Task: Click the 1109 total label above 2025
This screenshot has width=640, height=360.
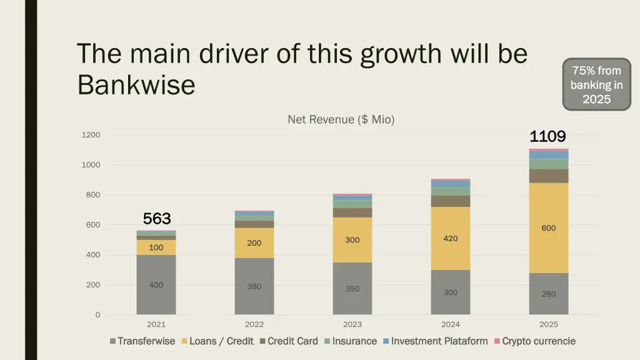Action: [x=547, y=136]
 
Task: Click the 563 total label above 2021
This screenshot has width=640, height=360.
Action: [x=156, y=219]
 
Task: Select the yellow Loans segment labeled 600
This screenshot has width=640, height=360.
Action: [x=549, y=228]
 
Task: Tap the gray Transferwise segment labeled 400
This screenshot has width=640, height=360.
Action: [x=156, y=284]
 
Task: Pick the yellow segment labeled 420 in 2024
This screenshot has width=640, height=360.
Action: [x=451, y=238]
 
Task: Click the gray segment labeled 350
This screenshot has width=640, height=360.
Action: [x=352, y=289]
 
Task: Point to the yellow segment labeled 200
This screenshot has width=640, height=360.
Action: [x=254, y=242]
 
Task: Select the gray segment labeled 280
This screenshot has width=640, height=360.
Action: [x=549, y=294]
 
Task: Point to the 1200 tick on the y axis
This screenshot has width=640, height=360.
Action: [x=91, y=135]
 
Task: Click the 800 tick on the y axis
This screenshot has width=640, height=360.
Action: [x=92, y=195]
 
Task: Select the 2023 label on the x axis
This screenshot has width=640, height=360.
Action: [x=352, y=324]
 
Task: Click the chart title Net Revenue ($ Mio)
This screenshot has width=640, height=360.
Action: [x=341, y=119]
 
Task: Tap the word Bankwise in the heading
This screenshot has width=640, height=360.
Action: [x=136, y=85]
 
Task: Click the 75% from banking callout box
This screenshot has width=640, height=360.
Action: [x=596, y=84]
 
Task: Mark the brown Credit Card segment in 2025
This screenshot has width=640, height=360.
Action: [x=549, y=176]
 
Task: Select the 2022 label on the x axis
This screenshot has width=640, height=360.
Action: [x=254, y=324]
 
